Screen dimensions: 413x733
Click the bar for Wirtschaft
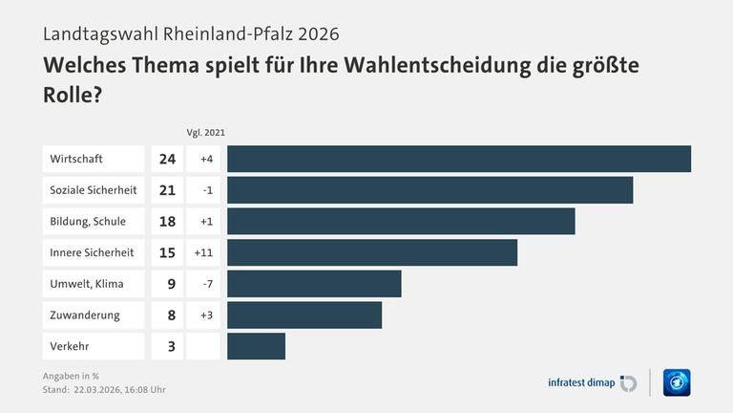coord(458,159)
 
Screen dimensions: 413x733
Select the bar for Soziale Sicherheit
coord(429,189)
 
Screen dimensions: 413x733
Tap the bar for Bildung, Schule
coord(401,221)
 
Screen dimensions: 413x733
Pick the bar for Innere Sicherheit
coord(372,252)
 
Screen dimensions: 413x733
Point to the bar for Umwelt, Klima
coord(314,284)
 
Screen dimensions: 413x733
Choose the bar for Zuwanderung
coord(304,315)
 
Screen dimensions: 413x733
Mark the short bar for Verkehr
coord(256,346)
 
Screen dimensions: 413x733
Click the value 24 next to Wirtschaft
coord(167,159)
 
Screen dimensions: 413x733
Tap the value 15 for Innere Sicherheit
coord(167,252)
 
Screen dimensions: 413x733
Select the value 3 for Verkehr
coord(170,346)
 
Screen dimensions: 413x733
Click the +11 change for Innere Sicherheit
coord(202,252)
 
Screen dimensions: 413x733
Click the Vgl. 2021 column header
coord(204,133)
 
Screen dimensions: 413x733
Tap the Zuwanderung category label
coord(85,315)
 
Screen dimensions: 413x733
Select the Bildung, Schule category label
coord(88,221)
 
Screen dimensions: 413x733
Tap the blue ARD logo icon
coord(677,382)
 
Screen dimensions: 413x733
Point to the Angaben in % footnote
coord(72,375)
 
